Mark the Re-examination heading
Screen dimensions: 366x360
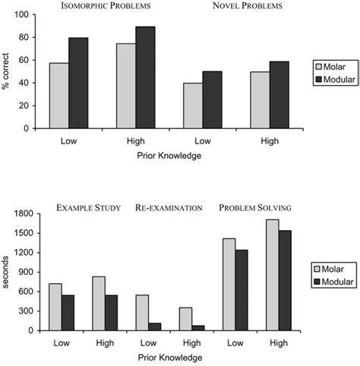coord(169,207)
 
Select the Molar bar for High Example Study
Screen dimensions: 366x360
coord(99,303)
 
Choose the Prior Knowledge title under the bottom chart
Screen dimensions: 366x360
coord(168,355)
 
